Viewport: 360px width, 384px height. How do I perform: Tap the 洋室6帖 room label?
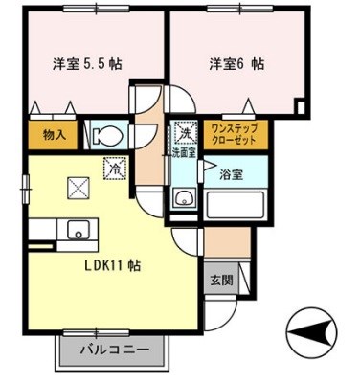tap(236, 65)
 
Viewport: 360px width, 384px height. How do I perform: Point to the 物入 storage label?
tap(54, 135)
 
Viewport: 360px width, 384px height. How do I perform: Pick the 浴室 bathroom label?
tap(231, 175)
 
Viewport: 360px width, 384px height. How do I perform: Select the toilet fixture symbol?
tap(104, 133)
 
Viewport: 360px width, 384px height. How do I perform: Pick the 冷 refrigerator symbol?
tap(114, 167)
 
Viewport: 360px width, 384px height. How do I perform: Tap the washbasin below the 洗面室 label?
tap(182, 199)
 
